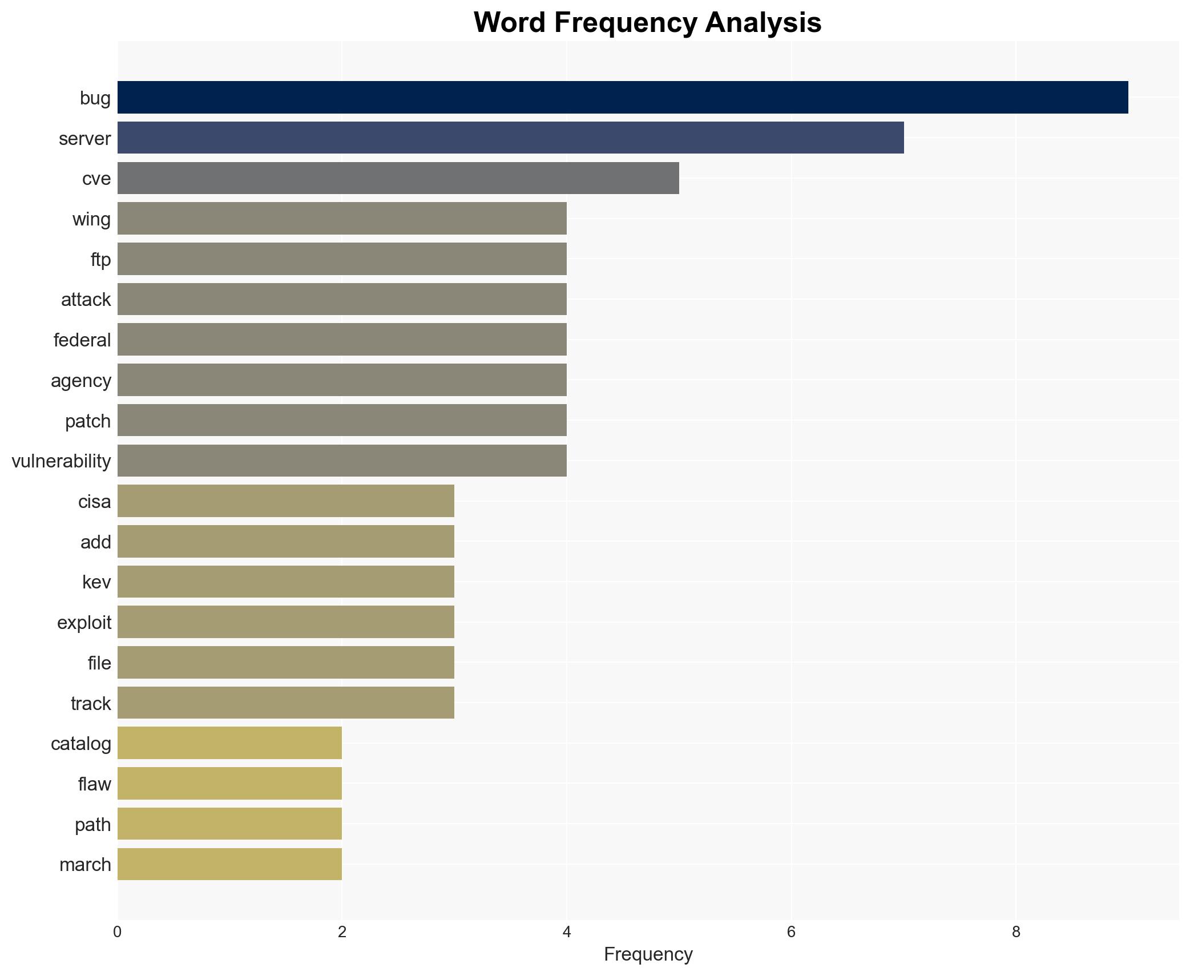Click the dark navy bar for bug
[x=622, y=98]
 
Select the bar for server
[x=510, y=138]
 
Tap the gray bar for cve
[x=398, y=178]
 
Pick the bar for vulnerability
[x=342, y=461]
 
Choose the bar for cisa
[x=285, y=501]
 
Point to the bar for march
[x=229, y=864]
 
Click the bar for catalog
[x=229, y=743]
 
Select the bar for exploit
[x=285, y=622]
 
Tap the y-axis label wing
[x=91, y=219]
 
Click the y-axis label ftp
[x=100, y=260]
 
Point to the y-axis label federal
[x=82, y=340]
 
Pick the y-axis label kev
[x=96, y=582]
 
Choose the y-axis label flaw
[x=95, y=784]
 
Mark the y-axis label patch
[x=88, y=421]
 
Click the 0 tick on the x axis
[x=118, y=932]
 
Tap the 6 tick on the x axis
[x=791, y=932]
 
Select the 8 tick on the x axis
[x=1016, y=932]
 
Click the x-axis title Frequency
[x=648, y=954]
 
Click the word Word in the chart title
[x=509, y=23]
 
